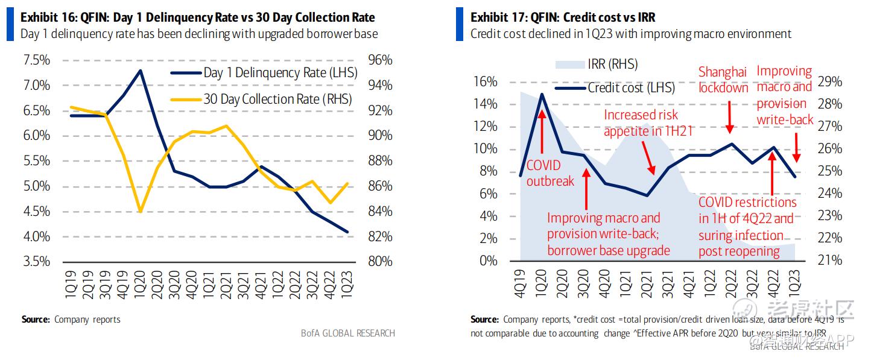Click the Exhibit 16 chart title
[x=197, y=17]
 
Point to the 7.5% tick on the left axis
[x=36, y=60]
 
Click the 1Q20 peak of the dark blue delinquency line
[x=140, y=71]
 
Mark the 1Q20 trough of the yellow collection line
[x=140, y=212]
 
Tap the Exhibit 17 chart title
[x=563, y=17]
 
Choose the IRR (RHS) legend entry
[x=612, y=65]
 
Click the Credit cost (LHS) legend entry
[x=631, y=88]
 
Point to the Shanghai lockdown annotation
[x=723, y=80]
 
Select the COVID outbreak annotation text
[x=550, y=172]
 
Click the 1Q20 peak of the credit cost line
[x=542, y=94]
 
